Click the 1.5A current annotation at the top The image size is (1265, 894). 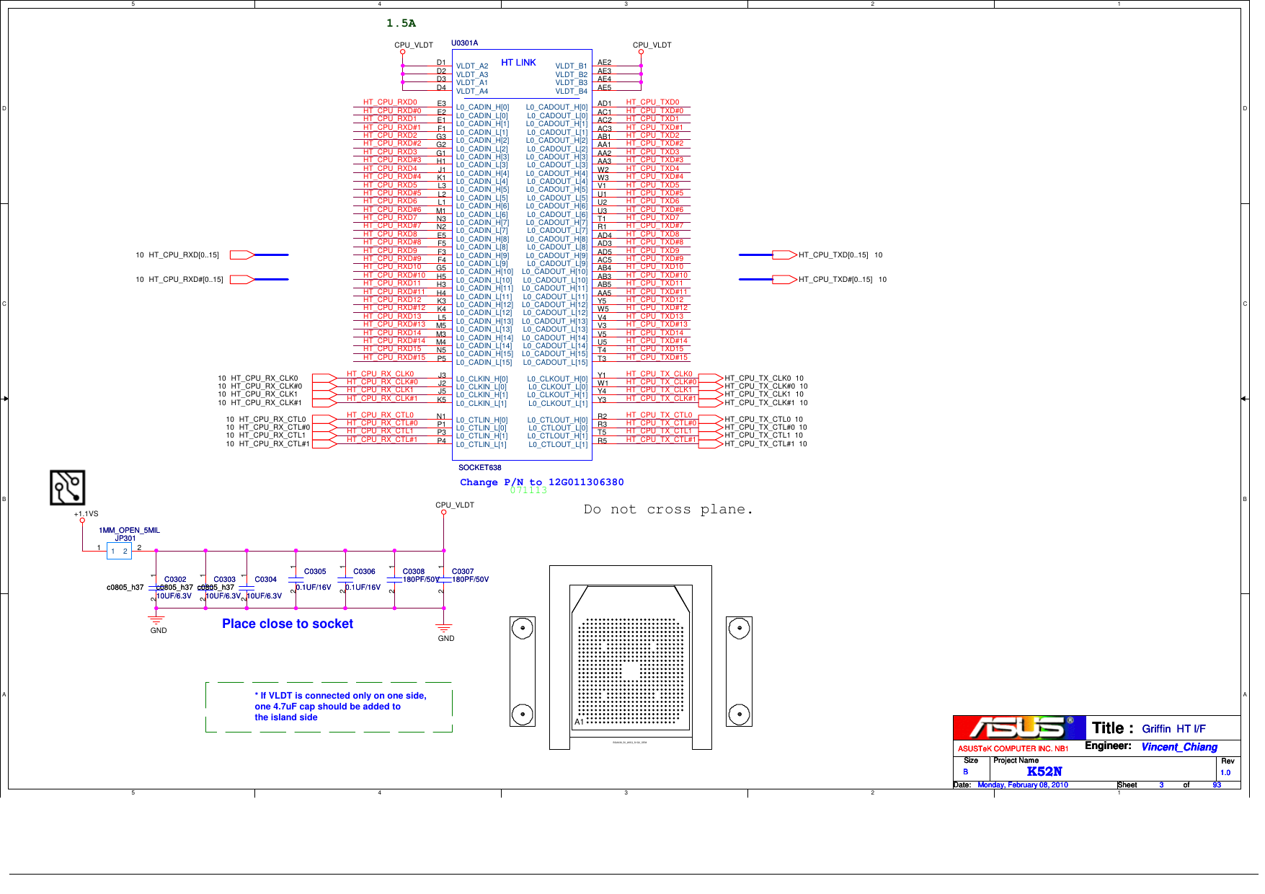[401, 23]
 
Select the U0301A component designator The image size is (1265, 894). [464, 43]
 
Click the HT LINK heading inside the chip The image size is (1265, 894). [518, 63]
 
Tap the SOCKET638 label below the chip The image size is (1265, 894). [479, 468]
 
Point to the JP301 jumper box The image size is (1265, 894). [119, 551]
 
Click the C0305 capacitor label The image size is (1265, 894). [315, 571]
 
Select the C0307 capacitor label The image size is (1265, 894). [463, 571]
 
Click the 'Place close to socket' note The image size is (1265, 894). [287, 624]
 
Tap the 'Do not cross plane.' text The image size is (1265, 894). [668, 510]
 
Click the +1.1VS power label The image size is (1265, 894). [86, 514]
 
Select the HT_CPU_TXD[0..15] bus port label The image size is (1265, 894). [833, 255]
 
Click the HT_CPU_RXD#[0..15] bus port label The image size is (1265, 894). [185, 279]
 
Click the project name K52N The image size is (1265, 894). [1044, 771]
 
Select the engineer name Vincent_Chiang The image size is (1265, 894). [1179, 747]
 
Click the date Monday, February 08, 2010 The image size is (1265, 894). [1022, 785]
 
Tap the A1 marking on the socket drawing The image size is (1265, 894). [579, 722]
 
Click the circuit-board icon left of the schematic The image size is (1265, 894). [67, 487]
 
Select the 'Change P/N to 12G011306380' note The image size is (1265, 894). [541, 482]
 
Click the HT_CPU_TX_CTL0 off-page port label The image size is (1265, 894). [759, 419]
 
